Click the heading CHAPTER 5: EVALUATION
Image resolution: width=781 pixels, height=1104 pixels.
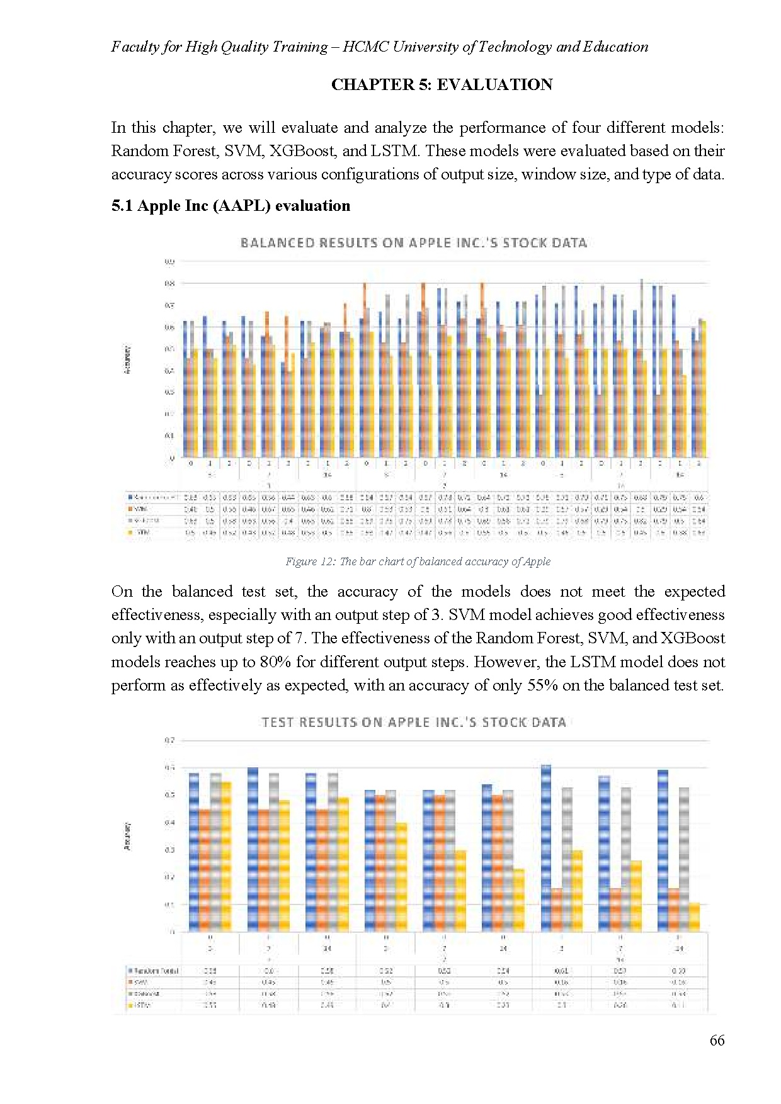tap(442, 85)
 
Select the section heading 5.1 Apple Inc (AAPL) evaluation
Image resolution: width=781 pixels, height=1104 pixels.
tap(231, 206)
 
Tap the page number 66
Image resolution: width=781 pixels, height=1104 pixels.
tap(717, 1040)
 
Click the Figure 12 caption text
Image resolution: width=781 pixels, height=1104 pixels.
tap(418, 561)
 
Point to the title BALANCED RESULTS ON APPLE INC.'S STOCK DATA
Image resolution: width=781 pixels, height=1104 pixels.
tap(413, 243)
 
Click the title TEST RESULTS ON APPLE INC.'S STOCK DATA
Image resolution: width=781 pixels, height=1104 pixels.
tap(413, 723)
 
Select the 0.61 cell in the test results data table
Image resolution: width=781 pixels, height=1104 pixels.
tap(562, 971)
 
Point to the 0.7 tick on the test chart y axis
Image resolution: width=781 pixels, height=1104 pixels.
tap(169, 741)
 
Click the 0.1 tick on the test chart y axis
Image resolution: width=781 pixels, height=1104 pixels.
tap(169, 904)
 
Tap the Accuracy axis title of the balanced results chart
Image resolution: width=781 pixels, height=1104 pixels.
tap(128, 360)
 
